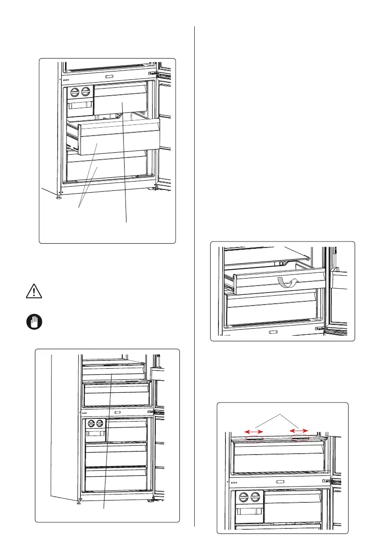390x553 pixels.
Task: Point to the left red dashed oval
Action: coord(254,438)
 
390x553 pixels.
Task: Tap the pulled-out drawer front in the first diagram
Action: coord(116,139)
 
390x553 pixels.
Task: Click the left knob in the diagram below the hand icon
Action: coord(90,423)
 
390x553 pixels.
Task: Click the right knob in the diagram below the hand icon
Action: coord(99,423)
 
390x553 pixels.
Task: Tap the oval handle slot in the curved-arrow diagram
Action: coord(273,332)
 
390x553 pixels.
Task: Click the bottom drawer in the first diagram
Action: coord(107,167)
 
